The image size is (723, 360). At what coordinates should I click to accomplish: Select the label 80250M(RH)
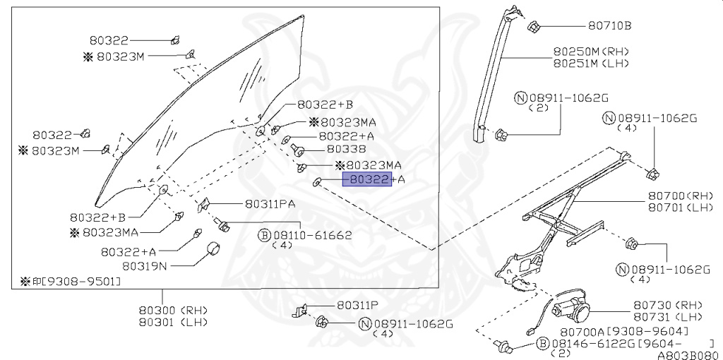pos(590,52)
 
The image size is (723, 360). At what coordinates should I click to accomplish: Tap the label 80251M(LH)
pos(590,63)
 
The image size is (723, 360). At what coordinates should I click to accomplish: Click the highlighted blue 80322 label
pos(366,179)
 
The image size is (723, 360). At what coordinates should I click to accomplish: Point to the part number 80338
pos(346,149)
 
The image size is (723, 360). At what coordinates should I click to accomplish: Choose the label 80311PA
pos(270,203)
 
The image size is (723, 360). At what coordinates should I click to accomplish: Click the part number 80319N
pos(145,266)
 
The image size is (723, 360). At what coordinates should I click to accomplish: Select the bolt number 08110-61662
pos(312,234)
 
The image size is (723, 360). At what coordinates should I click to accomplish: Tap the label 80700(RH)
pos(676,196)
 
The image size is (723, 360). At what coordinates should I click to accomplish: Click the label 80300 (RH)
pos(165,310)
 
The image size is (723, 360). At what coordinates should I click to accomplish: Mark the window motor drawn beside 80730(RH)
pos(575,304)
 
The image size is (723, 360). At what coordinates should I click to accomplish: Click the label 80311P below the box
pos(357,305)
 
